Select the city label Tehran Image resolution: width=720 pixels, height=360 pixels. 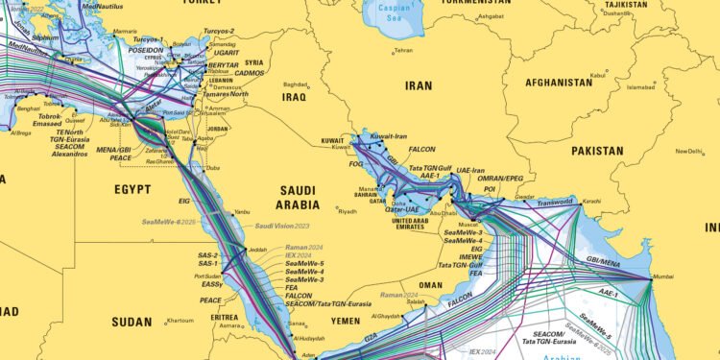[x=403, y=50]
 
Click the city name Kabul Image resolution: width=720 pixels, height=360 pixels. [x=598, y=74]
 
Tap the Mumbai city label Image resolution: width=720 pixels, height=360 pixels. [x=663, y=276]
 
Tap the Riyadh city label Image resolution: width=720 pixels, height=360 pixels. [x=347, y=211]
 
